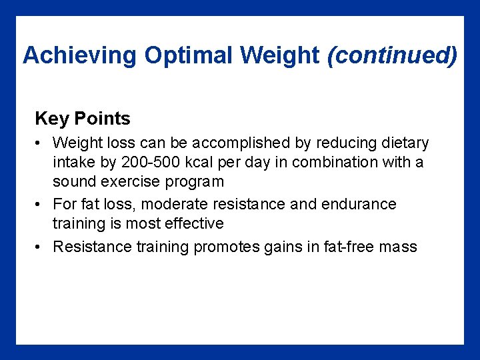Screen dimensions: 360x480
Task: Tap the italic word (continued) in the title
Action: pos(393,55)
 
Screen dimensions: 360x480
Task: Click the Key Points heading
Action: pos(83,119)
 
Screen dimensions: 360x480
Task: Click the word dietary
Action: pos(403,143)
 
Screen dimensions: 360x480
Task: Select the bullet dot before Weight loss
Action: pos(41,143)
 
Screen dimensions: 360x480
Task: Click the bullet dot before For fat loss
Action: pos(41,205)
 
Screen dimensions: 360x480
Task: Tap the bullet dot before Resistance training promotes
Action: pos(41,247)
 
